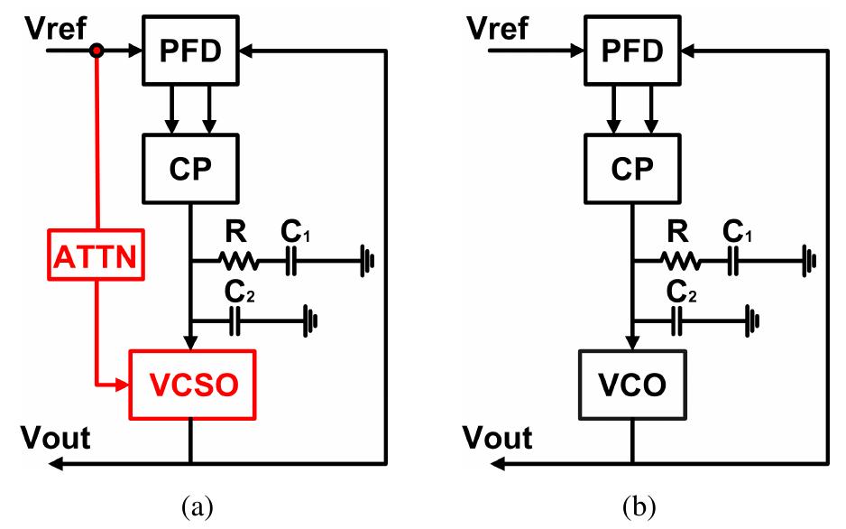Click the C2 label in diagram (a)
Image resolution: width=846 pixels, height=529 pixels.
(234, 292)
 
